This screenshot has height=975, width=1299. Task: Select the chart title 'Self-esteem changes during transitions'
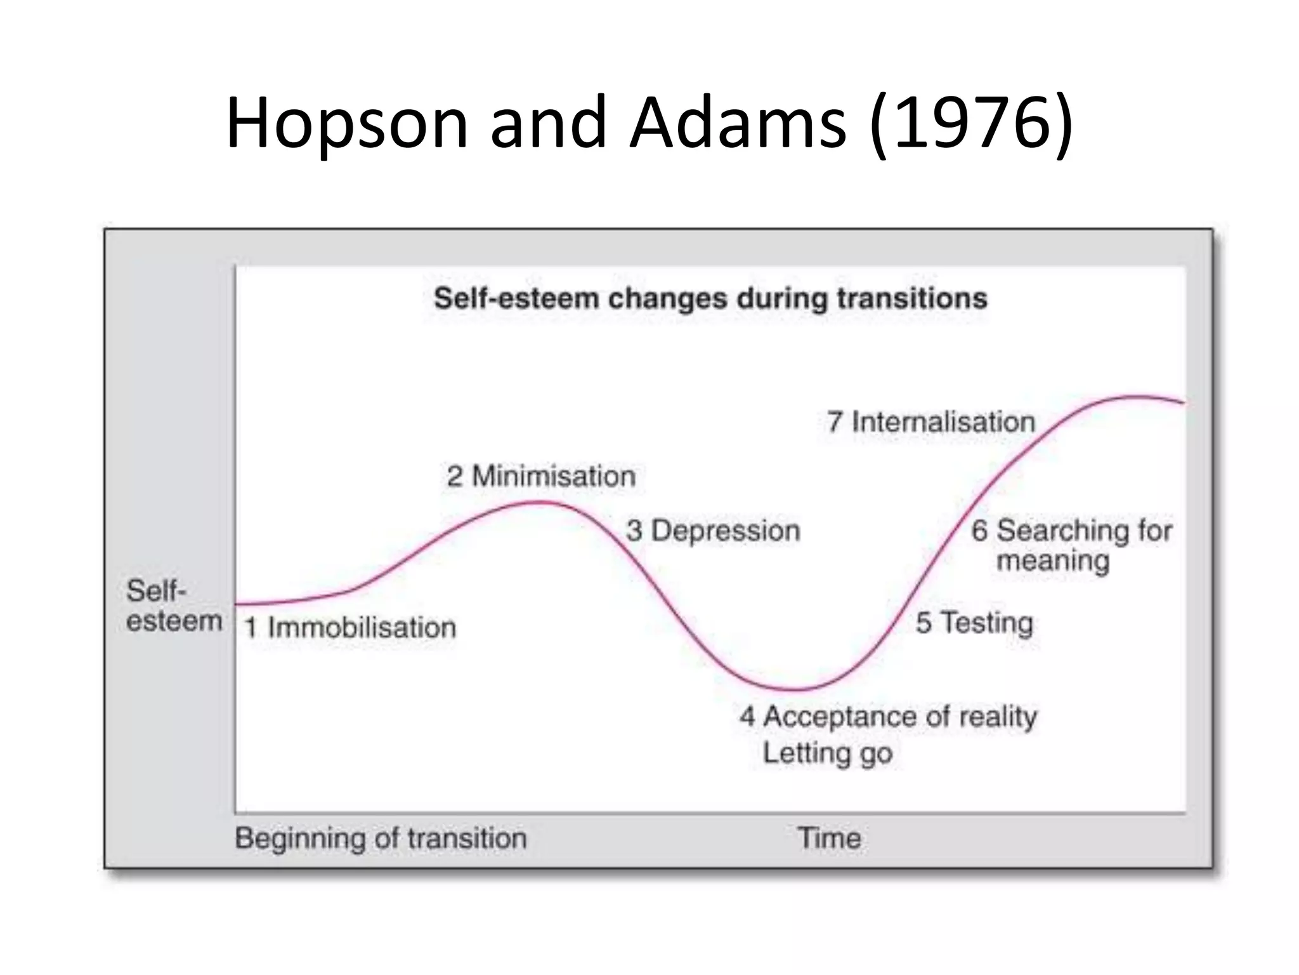click(710, 298)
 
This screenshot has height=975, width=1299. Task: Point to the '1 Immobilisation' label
click(350, 627)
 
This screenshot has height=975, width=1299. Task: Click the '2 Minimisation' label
click(541, 476)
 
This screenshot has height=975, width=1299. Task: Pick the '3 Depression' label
click(713, 531)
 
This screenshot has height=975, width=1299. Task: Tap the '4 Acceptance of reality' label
click(888, 717)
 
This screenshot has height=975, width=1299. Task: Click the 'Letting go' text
click(827, 753)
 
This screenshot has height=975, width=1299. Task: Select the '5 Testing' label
click(974, 622)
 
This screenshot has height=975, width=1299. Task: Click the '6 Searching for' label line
click(1071, 530)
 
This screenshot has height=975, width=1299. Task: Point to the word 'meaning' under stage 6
click(1053, 560)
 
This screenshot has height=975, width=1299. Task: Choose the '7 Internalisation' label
click(930, 421)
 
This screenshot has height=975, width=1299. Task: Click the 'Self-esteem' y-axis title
click(173, 606)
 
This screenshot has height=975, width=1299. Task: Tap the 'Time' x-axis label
click(829, 838)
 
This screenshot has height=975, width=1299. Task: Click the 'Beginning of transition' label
click(381, 838)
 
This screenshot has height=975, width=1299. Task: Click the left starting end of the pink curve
click(237, 604)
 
